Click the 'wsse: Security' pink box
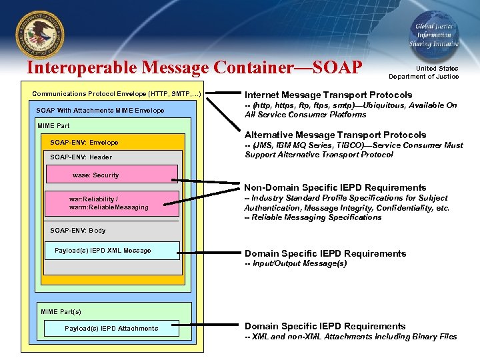111,175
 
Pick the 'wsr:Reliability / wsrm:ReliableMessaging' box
112,203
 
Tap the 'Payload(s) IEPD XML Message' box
112,251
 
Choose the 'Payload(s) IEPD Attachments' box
111,328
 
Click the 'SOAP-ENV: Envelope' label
84,142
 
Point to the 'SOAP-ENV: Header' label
81,157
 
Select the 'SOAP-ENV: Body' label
77,231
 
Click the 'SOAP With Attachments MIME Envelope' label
100,110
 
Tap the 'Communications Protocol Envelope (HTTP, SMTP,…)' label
117,94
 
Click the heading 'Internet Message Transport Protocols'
328,95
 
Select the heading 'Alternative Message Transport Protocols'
335,135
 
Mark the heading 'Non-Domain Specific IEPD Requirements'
335,187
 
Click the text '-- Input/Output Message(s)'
295,263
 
